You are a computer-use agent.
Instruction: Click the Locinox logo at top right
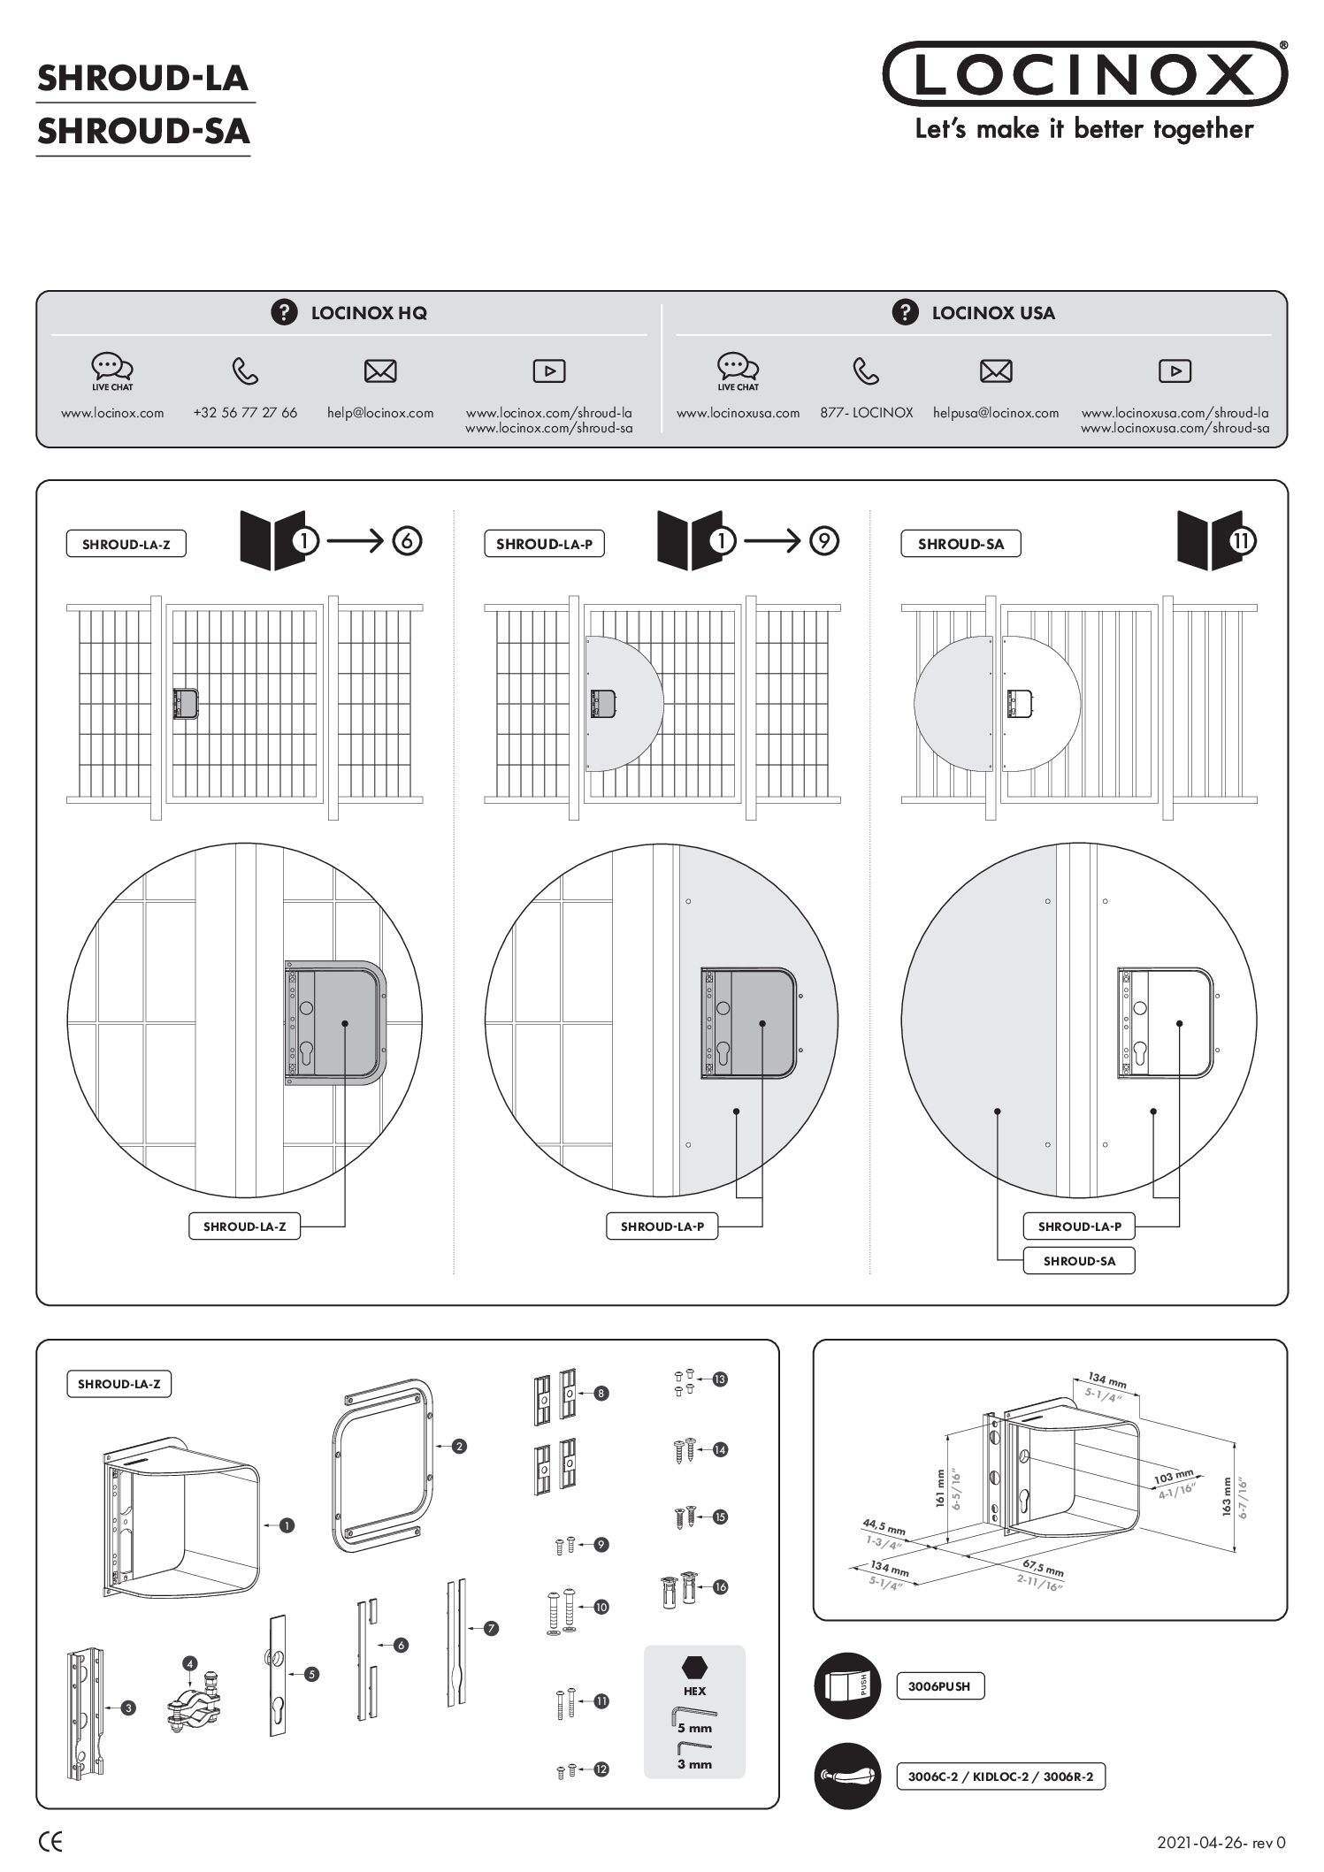click(1084, 73)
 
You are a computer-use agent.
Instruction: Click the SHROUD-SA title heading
click(143, 132)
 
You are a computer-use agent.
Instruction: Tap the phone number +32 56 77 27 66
click(245, 413)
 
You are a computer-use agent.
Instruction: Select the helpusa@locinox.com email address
click(995, 413)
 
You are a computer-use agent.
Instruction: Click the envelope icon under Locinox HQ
click(380, 371)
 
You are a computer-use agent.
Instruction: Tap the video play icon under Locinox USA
click(1175, 371)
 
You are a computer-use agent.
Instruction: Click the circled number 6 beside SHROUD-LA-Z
click(406, 540)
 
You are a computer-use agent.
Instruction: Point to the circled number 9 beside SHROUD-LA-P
click(823, 540)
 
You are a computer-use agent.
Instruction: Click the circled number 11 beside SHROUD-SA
click(1242, 540)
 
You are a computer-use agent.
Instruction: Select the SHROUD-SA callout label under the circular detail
click(1078, 1261)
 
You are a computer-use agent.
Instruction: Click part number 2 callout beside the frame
click(459, 1447)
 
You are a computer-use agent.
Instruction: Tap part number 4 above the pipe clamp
click(189, 1663)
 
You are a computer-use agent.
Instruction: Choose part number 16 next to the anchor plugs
click(720, 1587)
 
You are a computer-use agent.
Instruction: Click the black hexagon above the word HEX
click(694, 1668)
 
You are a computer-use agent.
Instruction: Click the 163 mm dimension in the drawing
click(1227, 1497)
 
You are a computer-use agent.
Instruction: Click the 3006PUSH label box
click(939, 1686)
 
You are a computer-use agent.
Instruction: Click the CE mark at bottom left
click(50, 1843)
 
